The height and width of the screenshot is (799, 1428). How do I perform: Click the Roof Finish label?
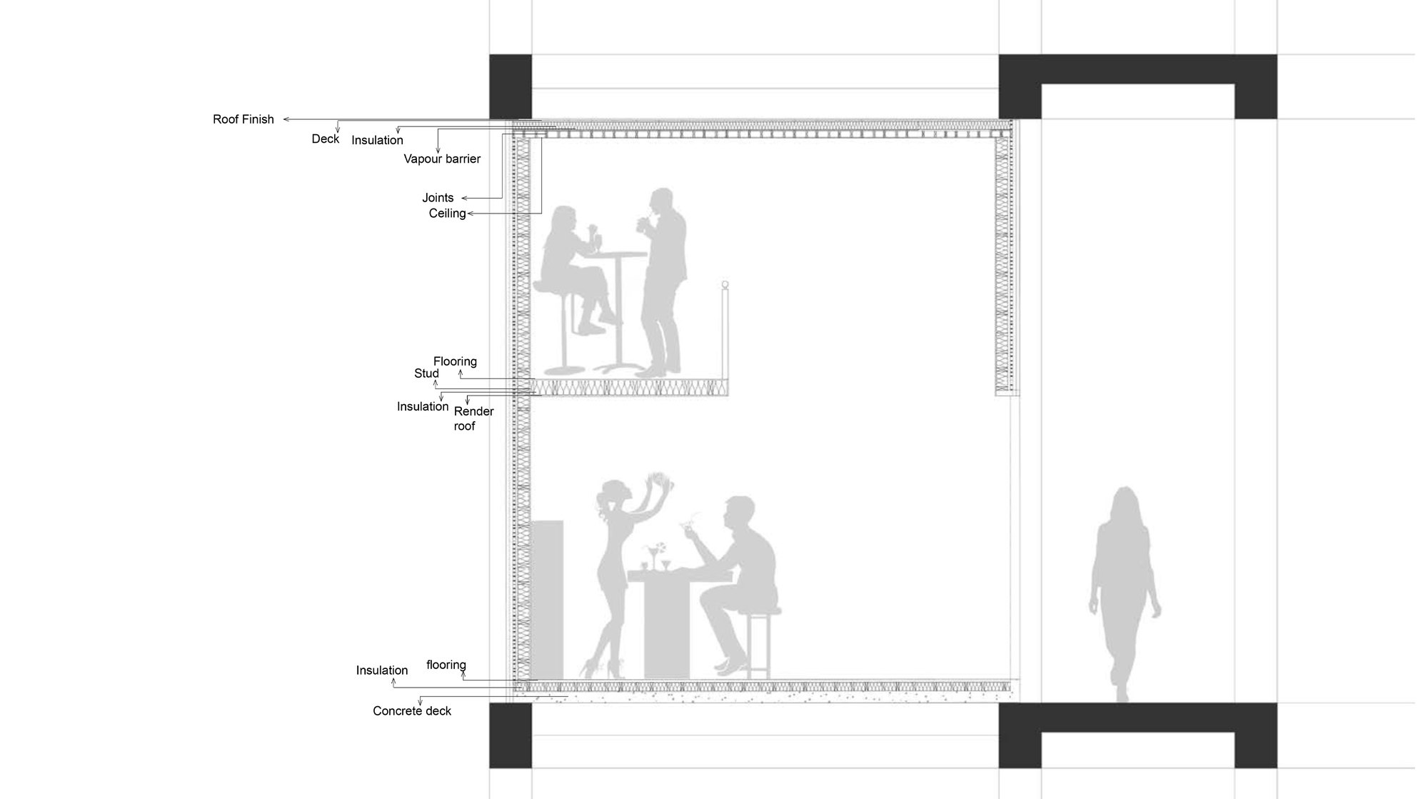243,119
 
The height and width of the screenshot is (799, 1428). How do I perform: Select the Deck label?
326,139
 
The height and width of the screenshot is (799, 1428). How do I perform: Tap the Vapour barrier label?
442,159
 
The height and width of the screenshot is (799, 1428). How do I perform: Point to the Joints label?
438,198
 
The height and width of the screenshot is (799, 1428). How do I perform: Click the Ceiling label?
448,213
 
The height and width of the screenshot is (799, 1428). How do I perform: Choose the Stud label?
426,373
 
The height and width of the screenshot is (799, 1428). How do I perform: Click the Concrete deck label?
412,711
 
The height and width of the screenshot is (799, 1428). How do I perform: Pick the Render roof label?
473,418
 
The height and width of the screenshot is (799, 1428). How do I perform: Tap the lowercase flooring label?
446,665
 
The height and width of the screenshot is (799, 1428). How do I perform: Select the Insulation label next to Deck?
377,140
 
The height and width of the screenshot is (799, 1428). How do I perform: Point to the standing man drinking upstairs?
662,282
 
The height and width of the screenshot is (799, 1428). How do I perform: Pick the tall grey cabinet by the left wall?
548,599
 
